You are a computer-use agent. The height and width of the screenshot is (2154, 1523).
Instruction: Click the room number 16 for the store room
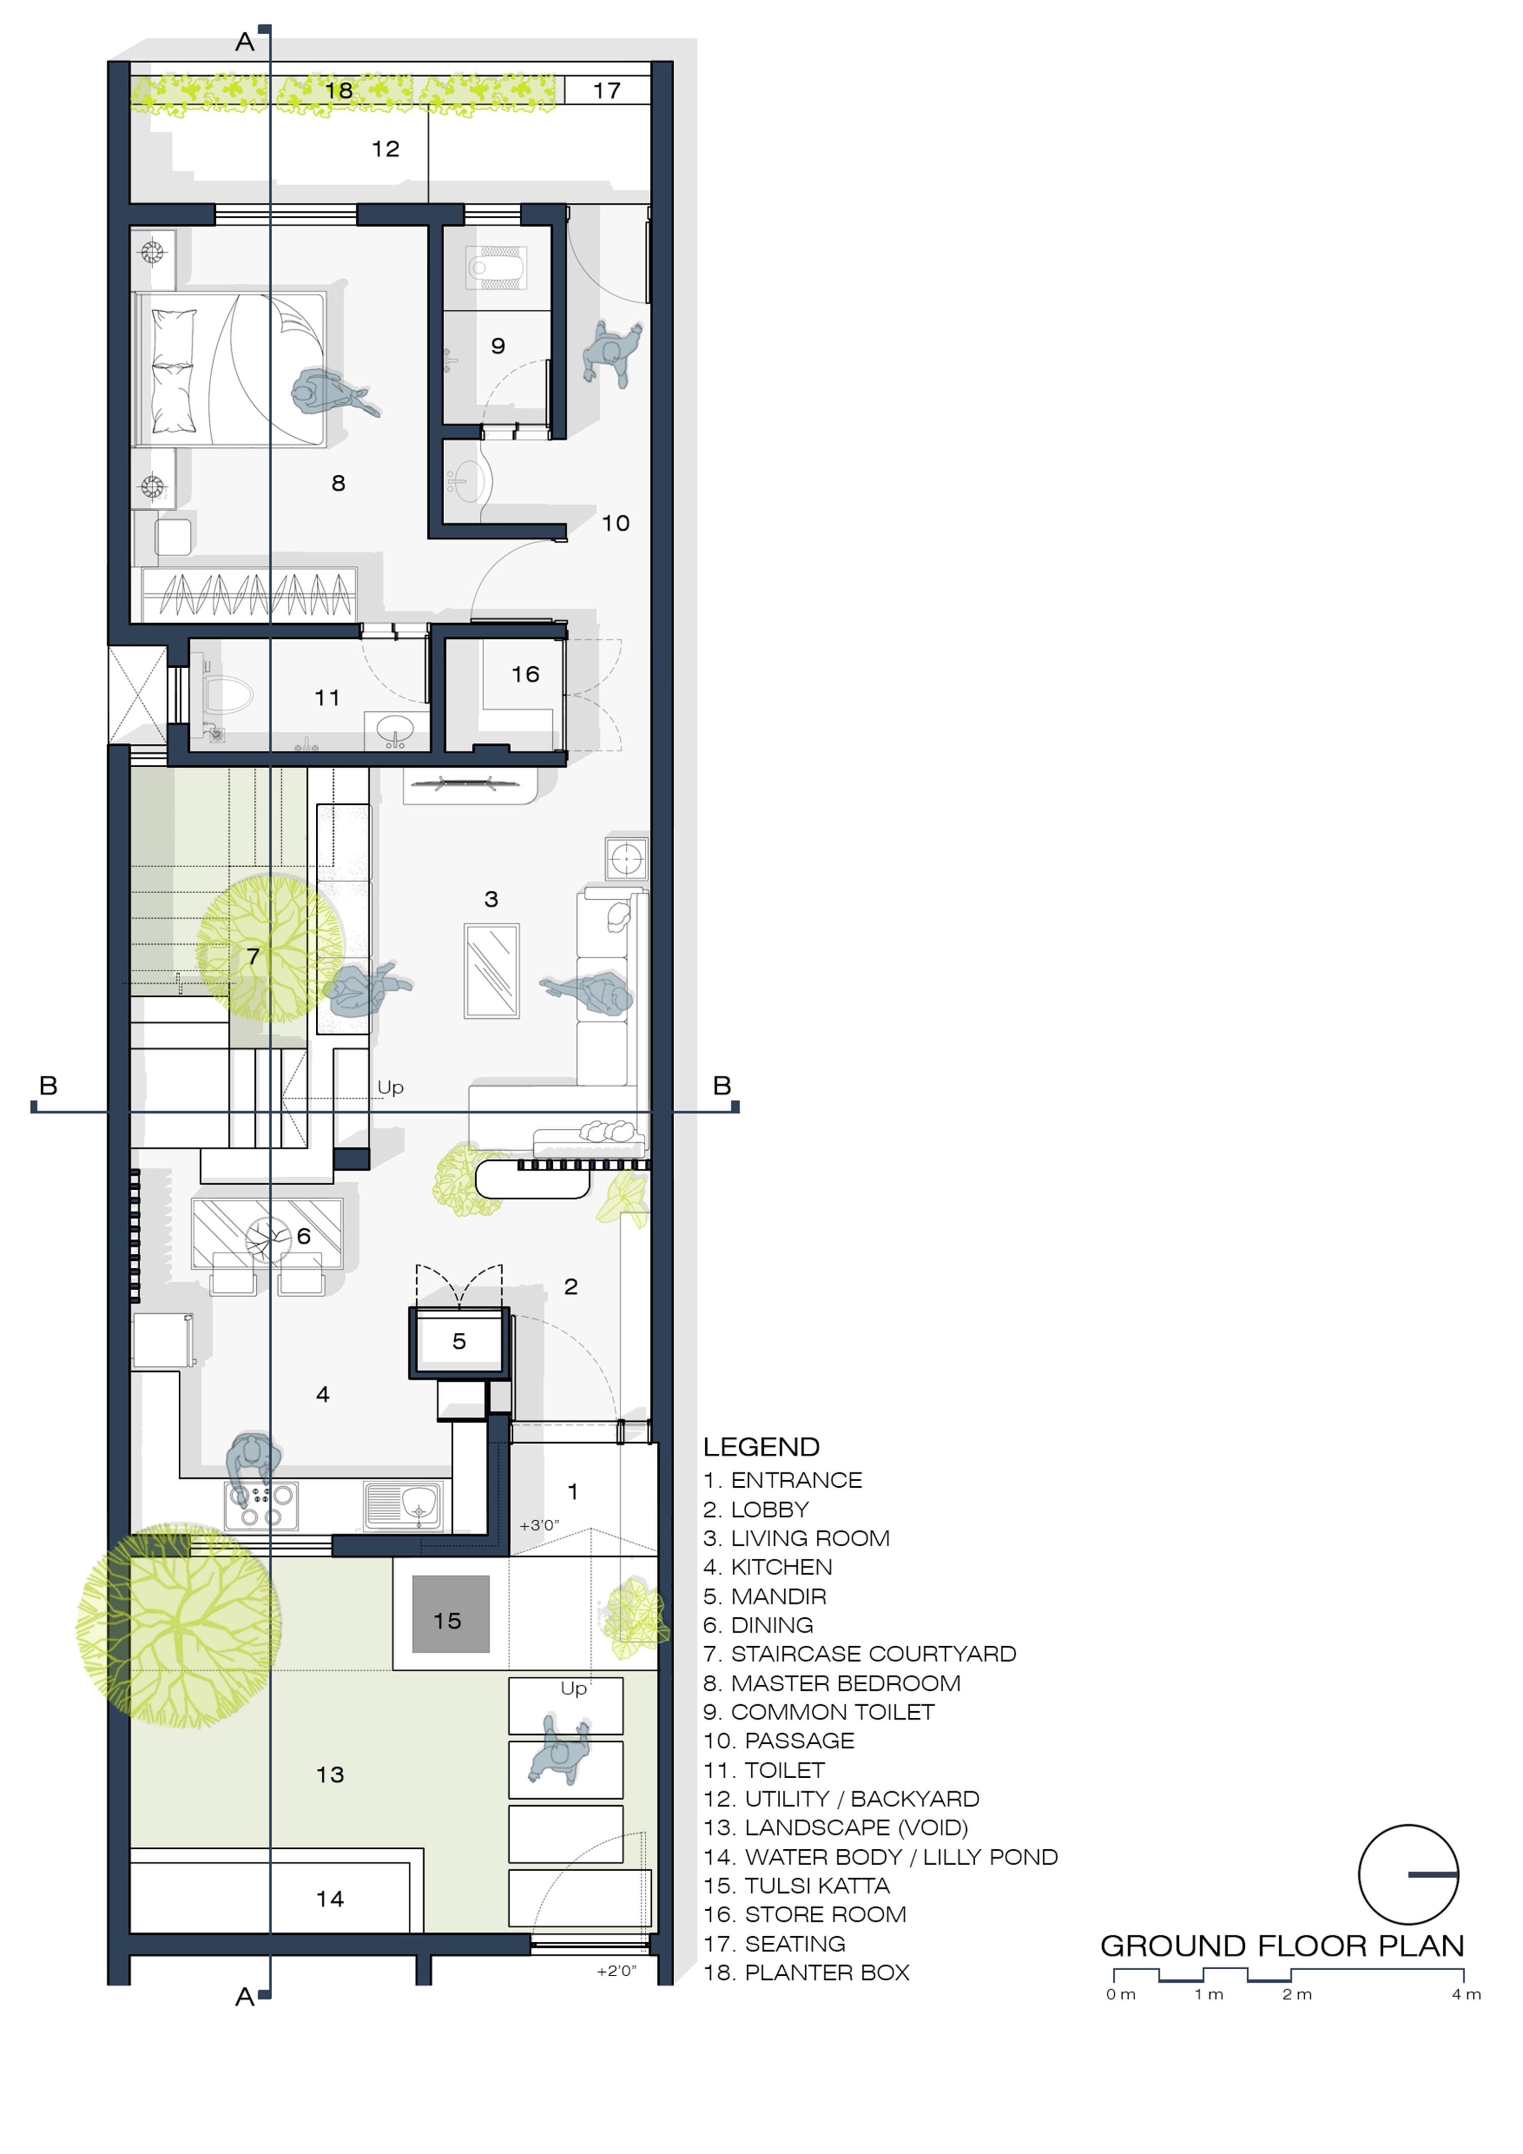pos(525,674)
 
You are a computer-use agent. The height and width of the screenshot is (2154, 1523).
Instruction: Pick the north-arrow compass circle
pos(1409,1874)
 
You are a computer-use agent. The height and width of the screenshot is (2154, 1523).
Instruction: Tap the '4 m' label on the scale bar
pos(1466,1995)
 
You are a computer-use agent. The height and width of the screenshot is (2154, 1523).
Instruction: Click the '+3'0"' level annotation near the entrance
pos(539,1525)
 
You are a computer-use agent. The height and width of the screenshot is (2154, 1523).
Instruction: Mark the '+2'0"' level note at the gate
pos(616,1971)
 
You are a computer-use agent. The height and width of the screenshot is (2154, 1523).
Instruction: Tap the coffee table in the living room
pos(491,971)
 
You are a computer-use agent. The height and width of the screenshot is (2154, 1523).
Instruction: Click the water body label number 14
pos(330,1899)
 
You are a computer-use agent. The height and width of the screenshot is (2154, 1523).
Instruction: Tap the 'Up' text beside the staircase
pos(390,1087)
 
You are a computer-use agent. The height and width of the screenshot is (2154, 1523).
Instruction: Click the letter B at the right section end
pos(722,1086)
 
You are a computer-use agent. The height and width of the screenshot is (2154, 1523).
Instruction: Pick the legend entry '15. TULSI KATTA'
pos(796,1886)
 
